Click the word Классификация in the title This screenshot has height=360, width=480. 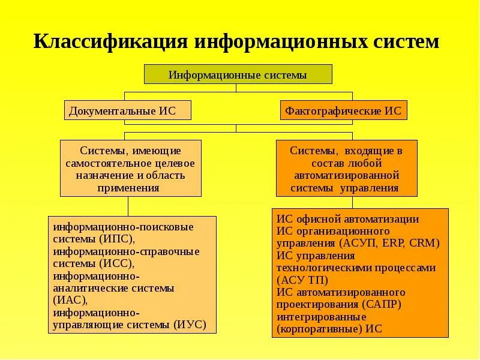(109, 42)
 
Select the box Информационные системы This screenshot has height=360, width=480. (238, 75)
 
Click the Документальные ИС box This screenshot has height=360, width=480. (127, 110)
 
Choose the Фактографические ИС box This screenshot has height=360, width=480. (344, 111)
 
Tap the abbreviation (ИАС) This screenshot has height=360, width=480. (70, 299)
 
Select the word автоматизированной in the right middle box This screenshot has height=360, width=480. (346, 175)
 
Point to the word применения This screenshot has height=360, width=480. (130, 187)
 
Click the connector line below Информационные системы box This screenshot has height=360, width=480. (236, 88)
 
